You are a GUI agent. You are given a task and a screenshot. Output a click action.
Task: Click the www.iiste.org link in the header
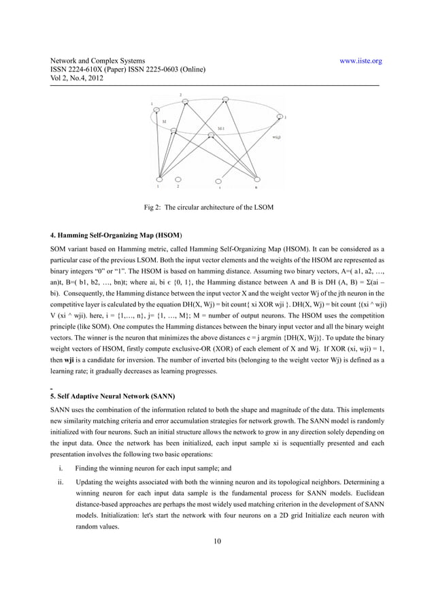pyautogui.click(x=361, y=61)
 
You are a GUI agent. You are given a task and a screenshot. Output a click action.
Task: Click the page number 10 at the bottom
pyautogui.click(x=216, y=541)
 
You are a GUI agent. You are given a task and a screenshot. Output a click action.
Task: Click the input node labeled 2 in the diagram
pyautogui.click(x=178, y=179)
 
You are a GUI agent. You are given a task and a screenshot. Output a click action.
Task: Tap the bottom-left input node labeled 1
pyautogui.click(x=158, y=178)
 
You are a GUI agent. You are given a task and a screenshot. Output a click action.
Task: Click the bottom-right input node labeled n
pyautogui.click(x=256, y=179)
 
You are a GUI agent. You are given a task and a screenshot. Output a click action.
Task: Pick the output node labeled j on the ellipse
pyautogui.click(x=280, y=116)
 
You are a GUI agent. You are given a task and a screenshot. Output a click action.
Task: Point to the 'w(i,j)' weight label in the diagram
pyautogui.click(x=277, y=137)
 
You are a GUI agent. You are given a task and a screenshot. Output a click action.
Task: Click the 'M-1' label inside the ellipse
pyautogui.click(x=222, y=128)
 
